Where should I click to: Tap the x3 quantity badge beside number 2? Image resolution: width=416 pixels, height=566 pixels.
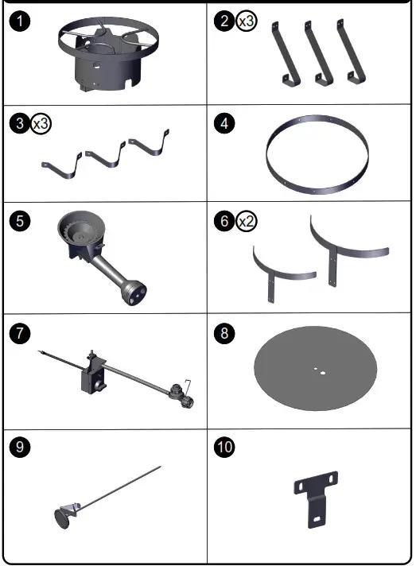coord(246,22)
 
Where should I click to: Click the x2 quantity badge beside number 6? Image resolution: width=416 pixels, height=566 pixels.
coord(246,223)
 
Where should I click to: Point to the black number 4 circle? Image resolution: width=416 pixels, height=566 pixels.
coord(226,124)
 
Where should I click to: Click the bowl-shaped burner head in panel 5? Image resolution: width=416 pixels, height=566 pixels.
coord(80,232)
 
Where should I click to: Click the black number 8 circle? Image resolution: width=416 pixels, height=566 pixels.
coord(226,334)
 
